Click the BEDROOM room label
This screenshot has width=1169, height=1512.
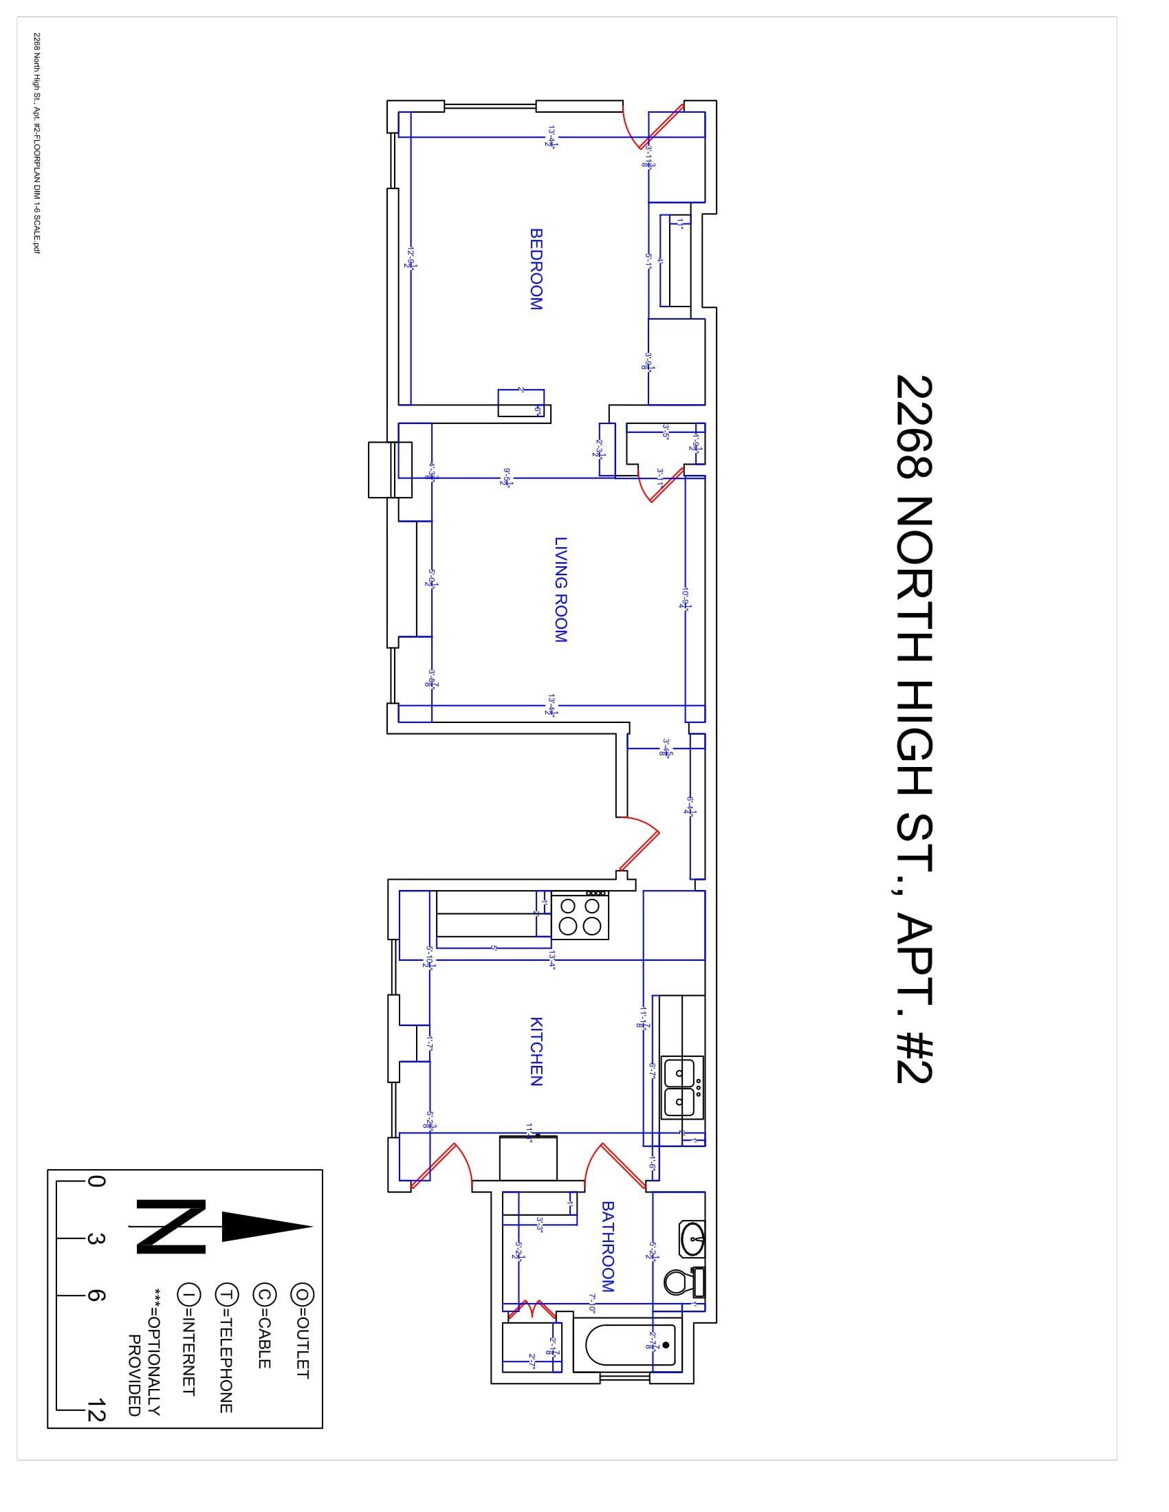click(536, 269)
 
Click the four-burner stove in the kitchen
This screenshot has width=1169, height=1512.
click(580, 915)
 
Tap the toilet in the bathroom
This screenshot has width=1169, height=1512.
click(684, 1282)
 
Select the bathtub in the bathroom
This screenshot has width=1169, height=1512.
click(630, 1346)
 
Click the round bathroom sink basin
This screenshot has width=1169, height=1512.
click(692, 1238)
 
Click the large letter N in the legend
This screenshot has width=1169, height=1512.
click(171, 1226)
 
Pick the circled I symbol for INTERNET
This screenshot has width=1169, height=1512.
click(189, 1293)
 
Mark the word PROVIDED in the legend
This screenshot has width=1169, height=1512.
click(135, 1375)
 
